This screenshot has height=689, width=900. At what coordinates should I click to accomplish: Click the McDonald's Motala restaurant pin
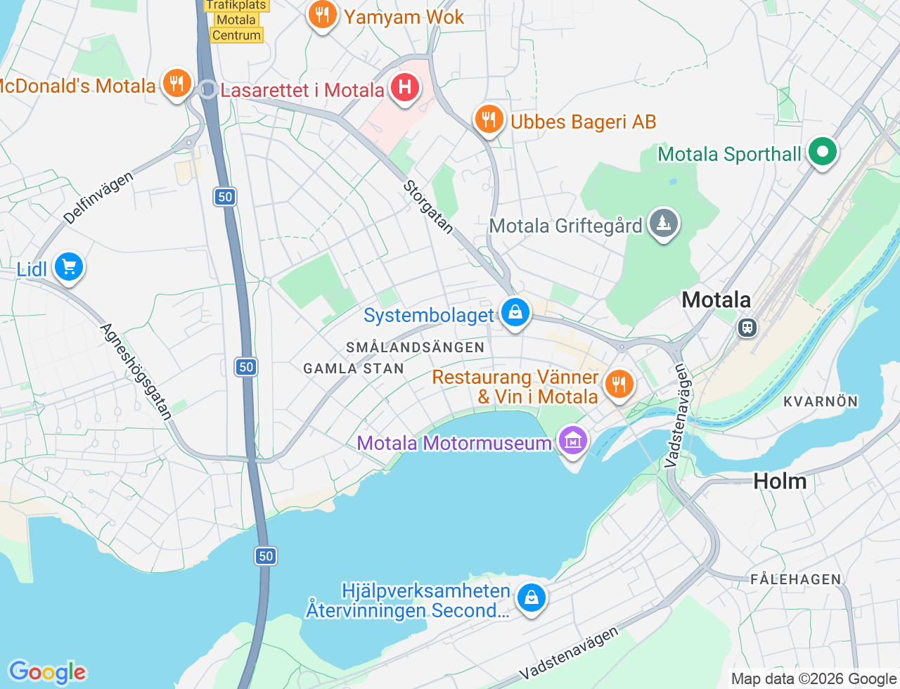click(x=176, y=84)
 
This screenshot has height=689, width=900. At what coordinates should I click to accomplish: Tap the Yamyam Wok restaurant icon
click(x=322, y=15)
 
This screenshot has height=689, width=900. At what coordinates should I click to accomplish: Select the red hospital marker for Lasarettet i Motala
click(x=405, y=88)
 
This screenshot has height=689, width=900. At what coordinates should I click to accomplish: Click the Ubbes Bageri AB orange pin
click(x=489, y=120)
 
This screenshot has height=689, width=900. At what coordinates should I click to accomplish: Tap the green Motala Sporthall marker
click(x=821, y=152)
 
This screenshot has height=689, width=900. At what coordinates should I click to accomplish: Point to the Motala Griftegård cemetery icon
click(x=663, y=224)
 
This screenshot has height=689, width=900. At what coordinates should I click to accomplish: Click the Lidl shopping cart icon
click(x=69, y=267)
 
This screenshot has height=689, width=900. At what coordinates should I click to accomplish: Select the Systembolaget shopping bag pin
click(x=515, y=312)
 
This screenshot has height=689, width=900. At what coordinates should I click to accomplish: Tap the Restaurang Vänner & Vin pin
click(x=619, y=385)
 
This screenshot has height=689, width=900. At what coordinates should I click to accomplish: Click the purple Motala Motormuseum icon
click(x=573, y=441)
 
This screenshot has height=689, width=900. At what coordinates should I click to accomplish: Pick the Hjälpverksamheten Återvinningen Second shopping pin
click(x=532, y=598)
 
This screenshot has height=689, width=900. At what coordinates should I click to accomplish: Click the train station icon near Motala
click(x=747, y=327)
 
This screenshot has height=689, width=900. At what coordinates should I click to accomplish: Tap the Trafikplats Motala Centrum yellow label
click(x=236, y=20)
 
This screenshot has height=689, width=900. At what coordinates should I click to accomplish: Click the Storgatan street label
click(x=427, y=207)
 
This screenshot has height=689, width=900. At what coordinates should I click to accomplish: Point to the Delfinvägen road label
click(x=98, y=198)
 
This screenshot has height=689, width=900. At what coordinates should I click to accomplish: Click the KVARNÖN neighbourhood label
click(x=821, y=401)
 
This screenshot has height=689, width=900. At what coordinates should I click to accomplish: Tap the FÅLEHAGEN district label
click(x=795, y=579)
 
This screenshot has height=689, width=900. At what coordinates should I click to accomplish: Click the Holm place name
click(x=780, y=482)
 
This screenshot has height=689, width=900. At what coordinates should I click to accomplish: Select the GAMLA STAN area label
click(x=353, y=368)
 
